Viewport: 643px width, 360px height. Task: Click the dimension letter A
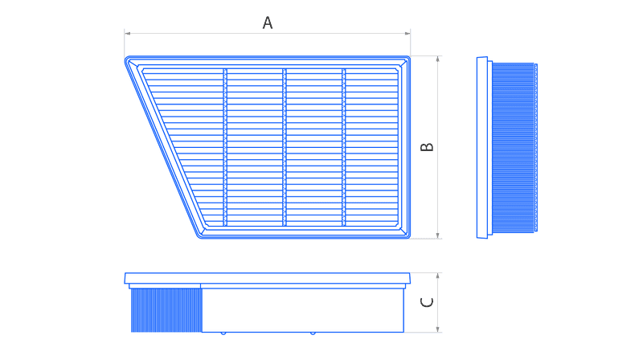tap(268, 22)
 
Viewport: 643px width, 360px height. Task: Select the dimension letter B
tap(427, 147)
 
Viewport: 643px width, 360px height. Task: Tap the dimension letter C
tap(427, 302)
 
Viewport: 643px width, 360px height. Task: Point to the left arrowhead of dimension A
tap(128, 33)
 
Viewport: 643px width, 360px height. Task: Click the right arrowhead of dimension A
tap(408, 33)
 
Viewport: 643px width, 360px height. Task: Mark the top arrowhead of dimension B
tap(437, 59)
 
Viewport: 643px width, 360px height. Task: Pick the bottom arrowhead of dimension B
tap(437, 235)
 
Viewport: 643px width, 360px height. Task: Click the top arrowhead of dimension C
tap(437, 276)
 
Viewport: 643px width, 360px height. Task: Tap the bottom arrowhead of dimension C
tap(437, 329)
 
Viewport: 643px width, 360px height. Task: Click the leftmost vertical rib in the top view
tap(225, 147)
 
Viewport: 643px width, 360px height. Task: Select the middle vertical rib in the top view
tap(285, 147)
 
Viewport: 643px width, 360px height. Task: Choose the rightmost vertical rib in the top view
tap(344, 147)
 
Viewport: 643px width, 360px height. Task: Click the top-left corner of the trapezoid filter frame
tap(125, 58)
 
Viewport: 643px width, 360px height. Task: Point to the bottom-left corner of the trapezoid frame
tap(199, 237)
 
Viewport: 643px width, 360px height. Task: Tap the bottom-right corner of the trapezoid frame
tap(409, 237)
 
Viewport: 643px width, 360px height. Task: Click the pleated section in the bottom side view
tap(166, 310)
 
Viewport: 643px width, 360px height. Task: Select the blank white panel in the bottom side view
tap(303, 310)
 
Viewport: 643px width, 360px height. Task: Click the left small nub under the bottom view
tap(223, 333)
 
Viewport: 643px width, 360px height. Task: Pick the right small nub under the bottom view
tap(313, 333)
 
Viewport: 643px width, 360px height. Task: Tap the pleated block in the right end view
tap(513, 148)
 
